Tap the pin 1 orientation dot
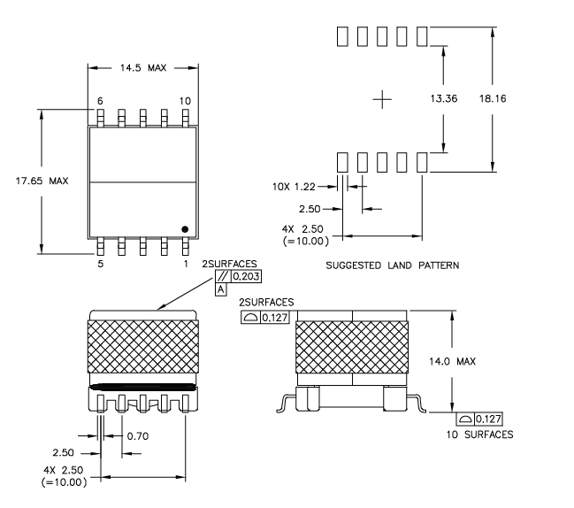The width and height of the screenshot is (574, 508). (x=185, y=229)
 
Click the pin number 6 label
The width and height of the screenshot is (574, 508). (x=100, y=101)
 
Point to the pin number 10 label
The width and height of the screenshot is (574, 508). (x=185, y=101)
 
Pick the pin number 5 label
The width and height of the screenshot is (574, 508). (x=100, y=264)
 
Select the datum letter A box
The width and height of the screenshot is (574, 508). (x=219, y=289)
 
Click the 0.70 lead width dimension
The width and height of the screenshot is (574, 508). (x=139, y=435)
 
